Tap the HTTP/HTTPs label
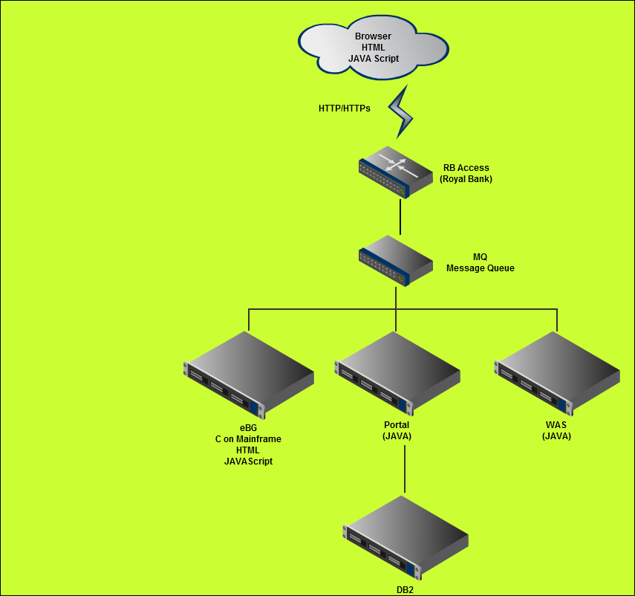click(x=345, y=108)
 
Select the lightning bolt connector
click(x=401, y=111)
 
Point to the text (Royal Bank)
click(x=466, y=179)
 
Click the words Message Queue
click(x=480, y=268)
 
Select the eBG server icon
click(x=248, y=373)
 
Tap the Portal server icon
click(x=396, y=373)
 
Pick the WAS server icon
click(x=557, y=373)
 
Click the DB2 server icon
click(x=406, y=537)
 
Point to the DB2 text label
click(x=405, y=590)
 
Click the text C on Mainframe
click(x=248, y=439)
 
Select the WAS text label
click(x=556, y=425)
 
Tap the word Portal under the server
click(x=397, y=425)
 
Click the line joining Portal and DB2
click(x=405, y=468)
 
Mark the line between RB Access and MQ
click(x=400, y=216)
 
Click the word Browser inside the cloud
click(x=373, y=36)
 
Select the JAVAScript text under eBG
click(x=248, y=461)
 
